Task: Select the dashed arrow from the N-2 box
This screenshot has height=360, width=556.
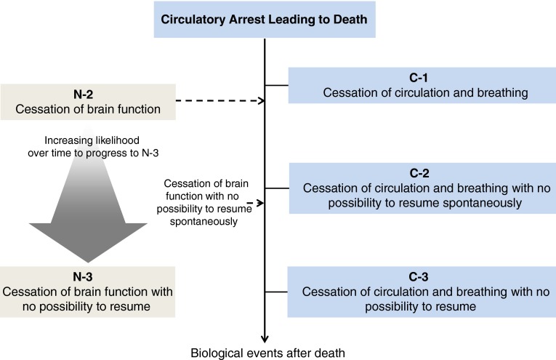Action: [x=218, y=102]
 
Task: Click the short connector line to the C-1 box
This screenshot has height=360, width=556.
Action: [x=277, y=85]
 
